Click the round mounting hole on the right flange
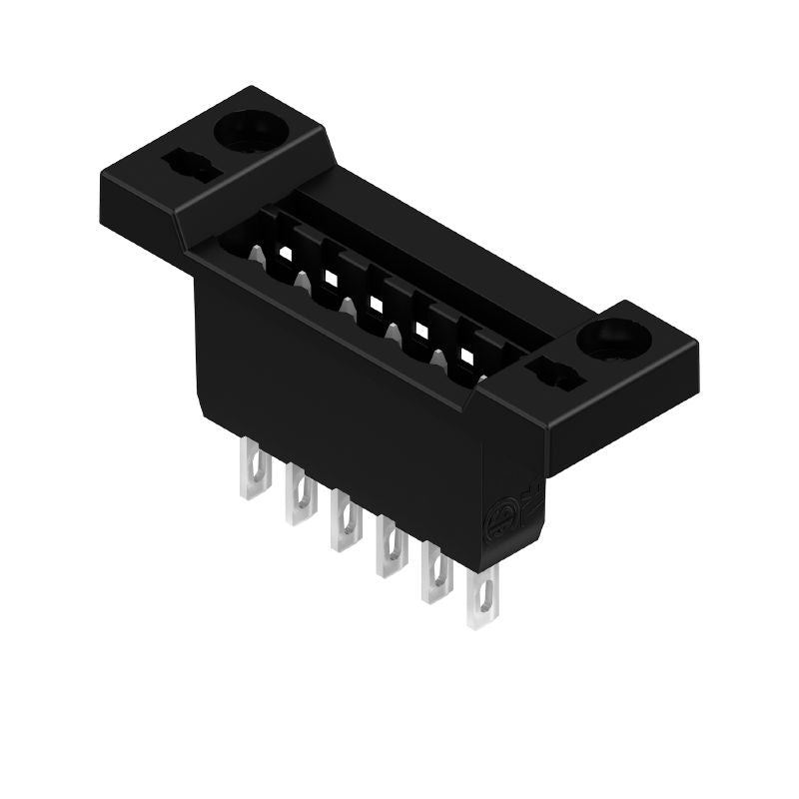click(609, 339)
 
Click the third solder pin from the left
click(345, 520)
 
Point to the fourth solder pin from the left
click(390, 547)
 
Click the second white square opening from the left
click(331, 278)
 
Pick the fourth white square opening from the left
click(421, 329)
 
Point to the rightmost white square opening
click(466, 355)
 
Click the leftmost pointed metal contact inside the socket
click(257, 257)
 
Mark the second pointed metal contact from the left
click(303, 283)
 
